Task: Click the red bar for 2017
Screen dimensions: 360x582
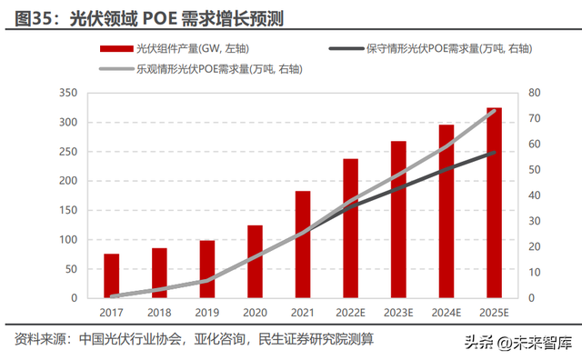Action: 111,275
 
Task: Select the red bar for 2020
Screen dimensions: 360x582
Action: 256,261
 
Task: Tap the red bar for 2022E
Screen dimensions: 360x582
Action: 351,228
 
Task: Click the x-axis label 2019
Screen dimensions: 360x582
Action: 207,312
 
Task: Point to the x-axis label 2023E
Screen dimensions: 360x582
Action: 398,312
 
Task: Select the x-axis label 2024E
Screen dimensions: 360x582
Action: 446,312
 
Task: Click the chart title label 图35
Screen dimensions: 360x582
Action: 35,16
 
